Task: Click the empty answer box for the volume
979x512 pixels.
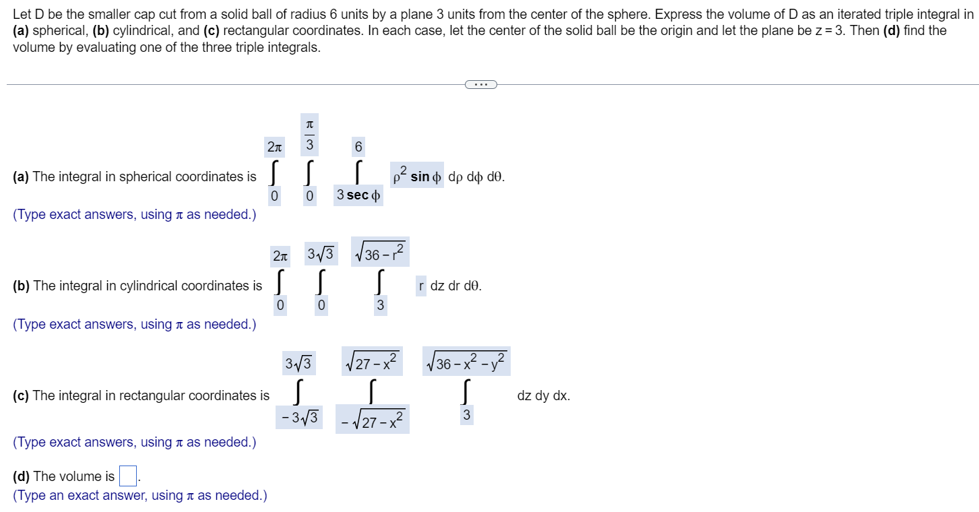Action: [x=128, y=476]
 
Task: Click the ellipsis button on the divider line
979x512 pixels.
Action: [x=480, y=84]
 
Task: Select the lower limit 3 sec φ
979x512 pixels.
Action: [x=358, y=195]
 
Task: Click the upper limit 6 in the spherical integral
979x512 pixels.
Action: [x=358, y=146]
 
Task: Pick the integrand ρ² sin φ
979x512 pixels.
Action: [x=417, y=177]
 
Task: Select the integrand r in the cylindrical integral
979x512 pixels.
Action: [x=421, y=286]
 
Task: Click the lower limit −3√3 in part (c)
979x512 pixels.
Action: [x=298, y=416]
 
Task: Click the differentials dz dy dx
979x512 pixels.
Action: [x=543, y=395]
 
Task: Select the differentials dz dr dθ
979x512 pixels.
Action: [x=455, y=286]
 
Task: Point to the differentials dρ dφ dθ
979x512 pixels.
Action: [x=476, y=177]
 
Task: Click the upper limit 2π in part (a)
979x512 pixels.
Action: [x=274, y=146]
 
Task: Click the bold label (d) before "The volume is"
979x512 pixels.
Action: [x=22, y=476]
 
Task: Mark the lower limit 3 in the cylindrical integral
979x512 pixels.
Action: [x=380, y=306]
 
